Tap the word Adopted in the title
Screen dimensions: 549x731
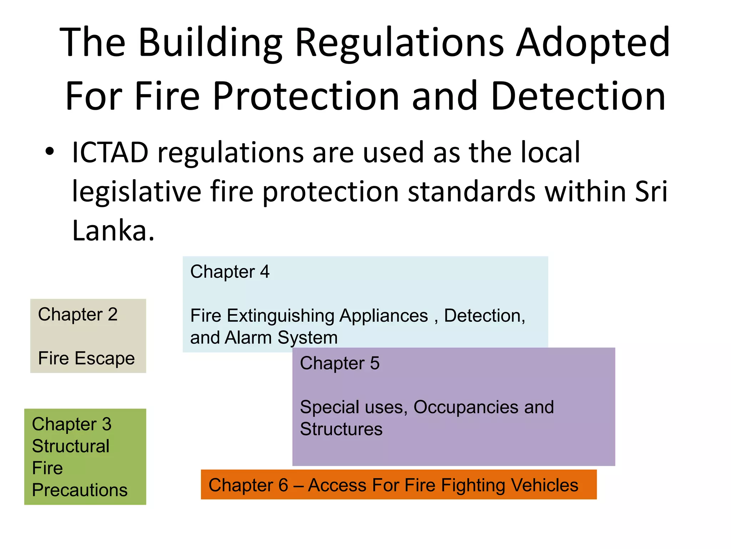point(594,43)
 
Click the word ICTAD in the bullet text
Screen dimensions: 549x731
point(110,153)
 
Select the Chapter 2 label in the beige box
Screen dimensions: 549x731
point(78,315)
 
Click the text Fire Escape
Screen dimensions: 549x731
point(86,358)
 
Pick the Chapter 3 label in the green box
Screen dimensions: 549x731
point(72,424)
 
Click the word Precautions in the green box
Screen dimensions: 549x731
point(80,490)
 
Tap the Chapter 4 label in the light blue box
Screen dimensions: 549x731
point(230,272)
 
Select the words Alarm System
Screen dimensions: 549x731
point(281,337)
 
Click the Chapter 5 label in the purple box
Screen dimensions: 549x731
point(340,363)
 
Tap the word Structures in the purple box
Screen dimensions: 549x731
point(341,429)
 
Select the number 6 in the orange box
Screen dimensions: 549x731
point(283,485)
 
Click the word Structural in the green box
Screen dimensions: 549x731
point(71,446)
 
